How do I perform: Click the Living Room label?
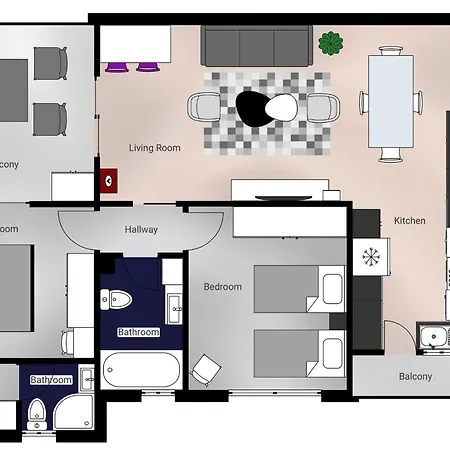click(155, 148)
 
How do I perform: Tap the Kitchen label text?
click(409, 220)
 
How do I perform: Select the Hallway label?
click(141, 230)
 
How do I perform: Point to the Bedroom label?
click(222, 287)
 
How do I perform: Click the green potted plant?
click(330, 43)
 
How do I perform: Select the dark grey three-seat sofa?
click(255, 47)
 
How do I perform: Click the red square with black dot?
click(109, 181)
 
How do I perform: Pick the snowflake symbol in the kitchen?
click(371, 257)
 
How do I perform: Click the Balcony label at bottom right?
click(415, 377)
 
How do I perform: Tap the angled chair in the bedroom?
click(205, 369)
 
